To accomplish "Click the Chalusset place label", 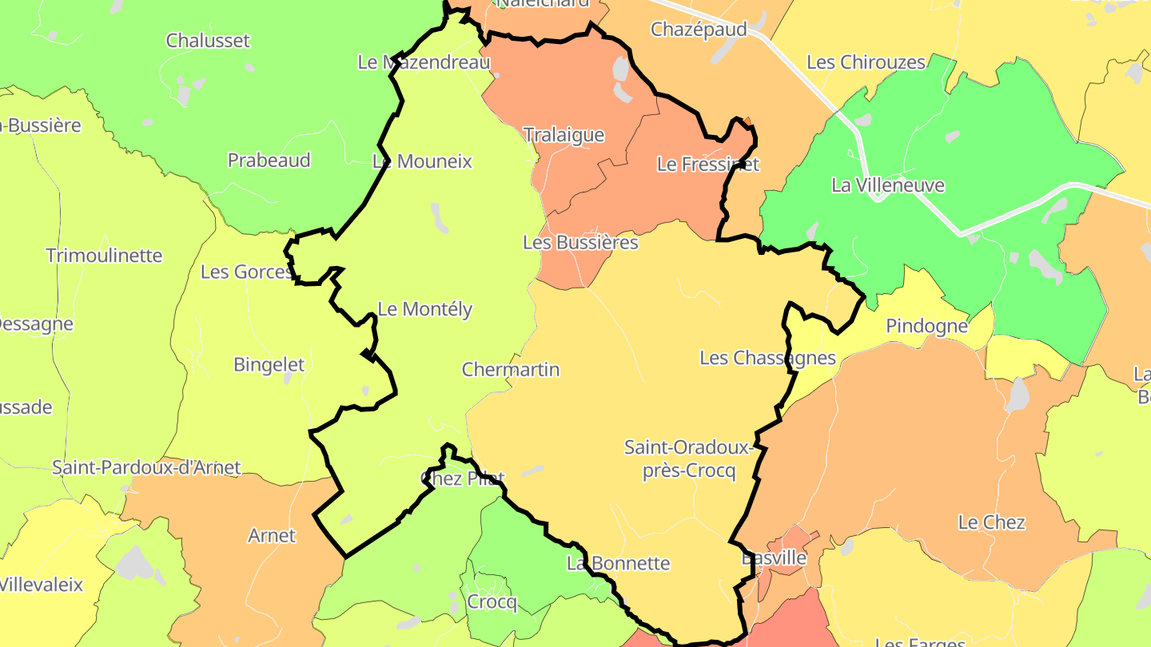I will tap(208, 41).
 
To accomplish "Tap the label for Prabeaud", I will tap(269, 161).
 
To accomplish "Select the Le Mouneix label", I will tap(423, 162).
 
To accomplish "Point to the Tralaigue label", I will tap(564, 135).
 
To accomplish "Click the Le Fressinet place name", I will tap(707, 165).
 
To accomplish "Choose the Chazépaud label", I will tap(699, 30).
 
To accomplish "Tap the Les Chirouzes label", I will tap(866, 62).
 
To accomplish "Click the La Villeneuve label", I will tap(887, 185).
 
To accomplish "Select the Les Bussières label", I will tap(580, 243).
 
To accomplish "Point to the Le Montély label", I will tap(424, 309).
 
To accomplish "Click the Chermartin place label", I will tap(511, 370).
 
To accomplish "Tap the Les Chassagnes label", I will tap(767, 358).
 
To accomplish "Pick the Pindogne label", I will tap(926, 327).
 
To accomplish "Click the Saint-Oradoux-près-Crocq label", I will tap(689, 459).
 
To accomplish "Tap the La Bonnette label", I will tap(618, 563).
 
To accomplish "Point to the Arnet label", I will tap(272, 536).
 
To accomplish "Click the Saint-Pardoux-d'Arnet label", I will tap(146, 468).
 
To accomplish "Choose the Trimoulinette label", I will tap(104, 256).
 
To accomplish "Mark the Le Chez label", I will tap(991, 523).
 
